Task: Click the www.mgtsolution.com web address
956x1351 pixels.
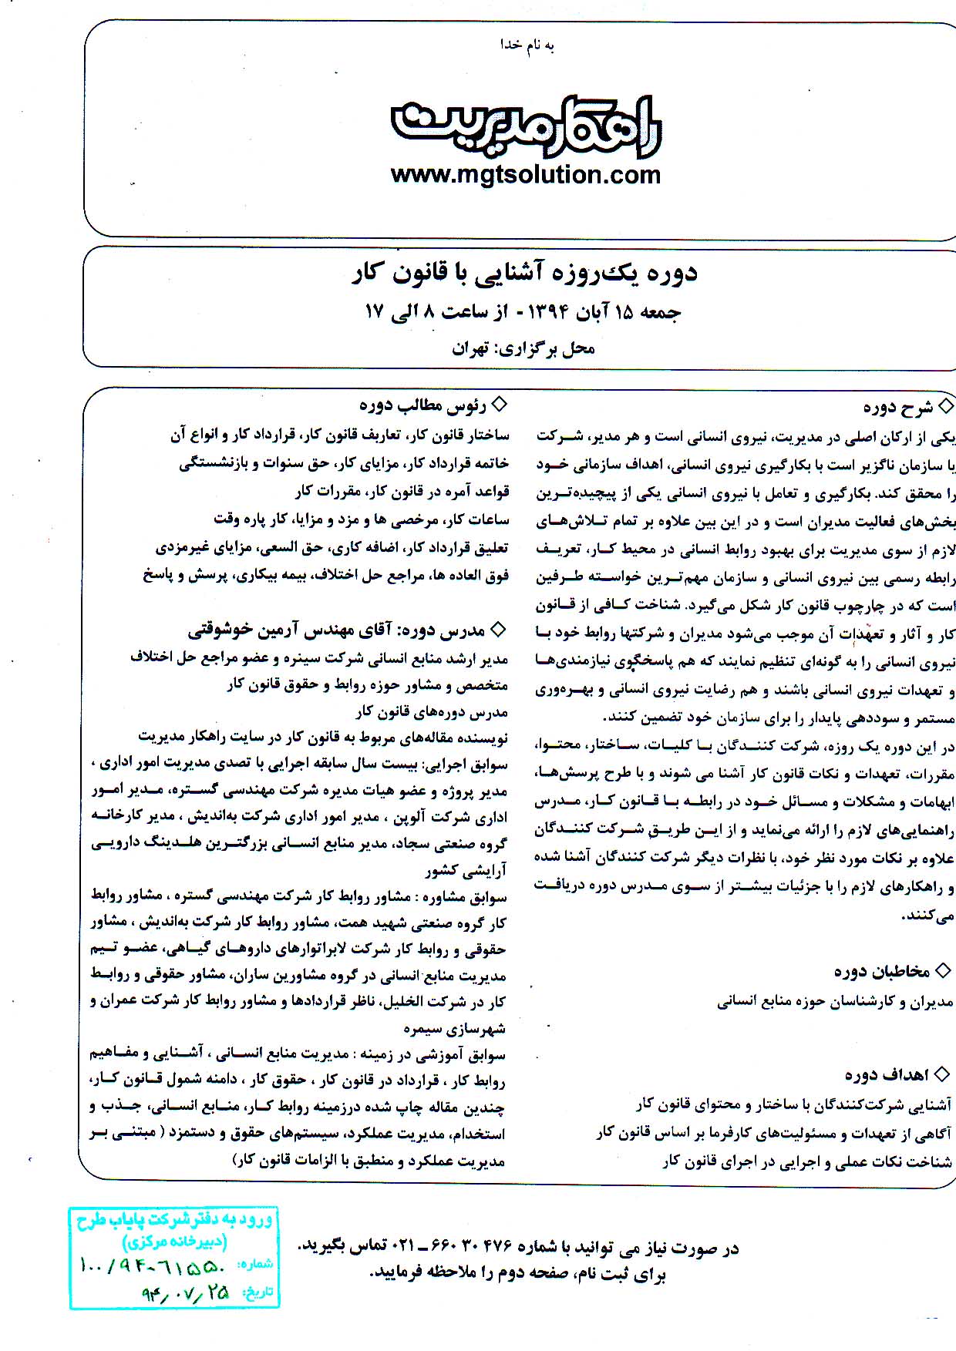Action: coord(526,175)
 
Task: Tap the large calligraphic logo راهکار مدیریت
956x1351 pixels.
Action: coord(526,123)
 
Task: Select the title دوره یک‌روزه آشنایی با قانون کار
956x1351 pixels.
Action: coord(525,273)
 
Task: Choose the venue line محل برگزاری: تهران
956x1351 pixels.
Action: coord(523,348)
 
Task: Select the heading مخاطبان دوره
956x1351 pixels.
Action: coord(882,971)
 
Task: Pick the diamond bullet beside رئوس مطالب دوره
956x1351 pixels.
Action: coord(500,404)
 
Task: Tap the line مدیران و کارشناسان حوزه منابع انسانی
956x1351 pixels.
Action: coord(836,1002)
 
